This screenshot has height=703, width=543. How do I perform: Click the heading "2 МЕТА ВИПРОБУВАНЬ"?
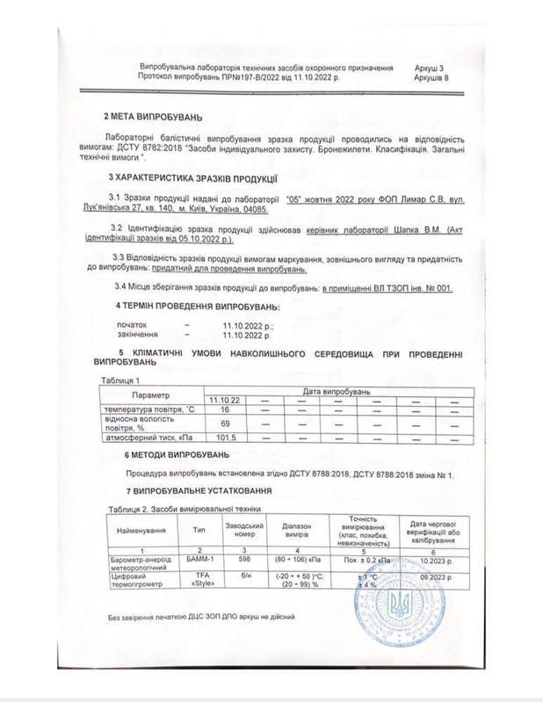(153, 117)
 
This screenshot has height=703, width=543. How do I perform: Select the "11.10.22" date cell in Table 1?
(225, 400)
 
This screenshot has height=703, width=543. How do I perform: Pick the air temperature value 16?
(225, 409)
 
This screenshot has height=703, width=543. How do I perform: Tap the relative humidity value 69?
(225, 424)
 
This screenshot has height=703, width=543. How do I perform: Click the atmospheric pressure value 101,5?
(225, 437)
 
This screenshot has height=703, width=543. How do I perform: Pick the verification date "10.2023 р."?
(431, 559)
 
